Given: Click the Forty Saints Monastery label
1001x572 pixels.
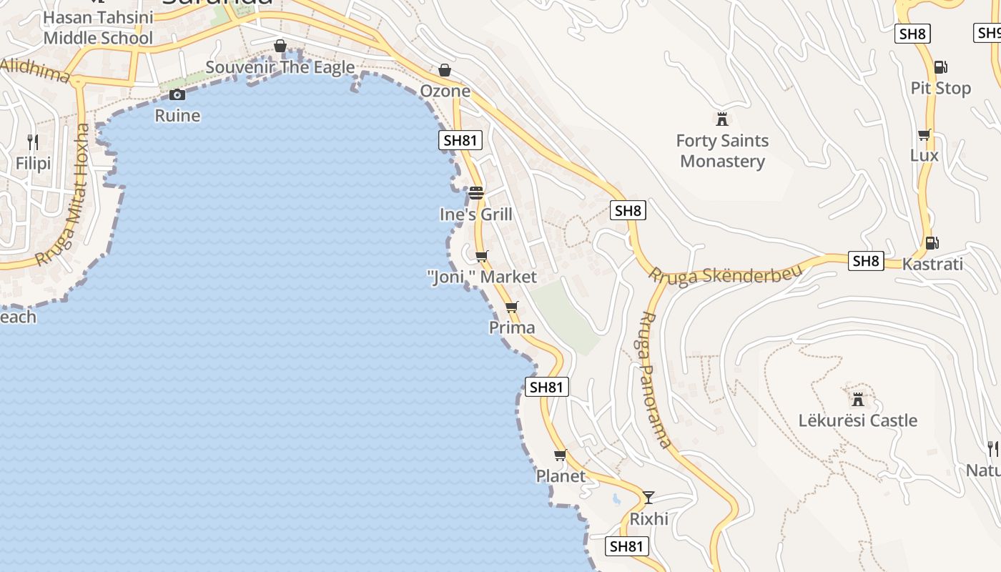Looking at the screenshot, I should [x=722, y=151].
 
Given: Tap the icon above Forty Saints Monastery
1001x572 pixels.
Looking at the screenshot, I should [x=721, y=119].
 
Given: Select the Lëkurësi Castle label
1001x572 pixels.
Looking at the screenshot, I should [x=857, y=420].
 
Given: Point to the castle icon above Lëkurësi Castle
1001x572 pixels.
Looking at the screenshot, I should [x=857, y=399].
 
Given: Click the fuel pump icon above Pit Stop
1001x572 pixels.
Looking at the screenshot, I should [x=940, y=67].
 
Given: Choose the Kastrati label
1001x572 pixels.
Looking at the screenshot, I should [x=932, y=264].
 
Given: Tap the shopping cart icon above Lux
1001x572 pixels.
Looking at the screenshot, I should [x=924, y=134].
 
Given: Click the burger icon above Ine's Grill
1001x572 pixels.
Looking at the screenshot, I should [x=476, y=193].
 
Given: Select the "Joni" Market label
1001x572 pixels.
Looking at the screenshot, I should [x=481, y=277].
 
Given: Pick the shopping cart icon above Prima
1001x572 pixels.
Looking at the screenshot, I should [x=511, y=307].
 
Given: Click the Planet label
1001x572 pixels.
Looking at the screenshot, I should [x=561, y=475].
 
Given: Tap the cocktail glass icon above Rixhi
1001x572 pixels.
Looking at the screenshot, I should [x=649, y=497].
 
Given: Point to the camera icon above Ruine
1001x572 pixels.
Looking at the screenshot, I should [x=177, y=94].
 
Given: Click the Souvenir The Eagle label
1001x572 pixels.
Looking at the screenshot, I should [x=280, y=67].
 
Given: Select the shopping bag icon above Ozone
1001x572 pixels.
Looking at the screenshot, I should [x=445, y=70].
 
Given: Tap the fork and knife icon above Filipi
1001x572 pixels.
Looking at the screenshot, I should [x=33, y=142].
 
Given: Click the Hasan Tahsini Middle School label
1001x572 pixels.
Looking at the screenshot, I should [x=98, y=27].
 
